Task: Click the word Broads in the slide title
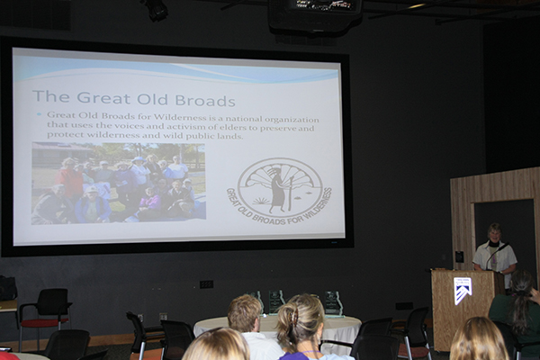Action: point(205,100)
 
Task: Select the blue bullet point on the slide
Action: point(39,114)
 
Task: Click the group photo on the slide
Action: point(119,184)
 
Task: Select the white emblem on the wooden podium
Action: point(463,290)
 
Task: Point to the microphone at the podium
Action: point(496,254)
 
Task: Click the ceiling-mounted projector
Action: point(314,15)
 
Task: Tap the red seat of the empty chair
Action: point(45,323)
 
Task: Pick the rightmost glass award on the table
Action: point(333,303)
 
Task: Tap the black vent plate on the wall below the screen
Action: point(206,284)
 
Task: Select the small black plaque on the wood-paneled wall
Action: point(459,256)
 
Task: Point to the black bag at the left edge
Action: point(7,288)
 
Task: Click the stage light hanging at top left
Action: point(156,9)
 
